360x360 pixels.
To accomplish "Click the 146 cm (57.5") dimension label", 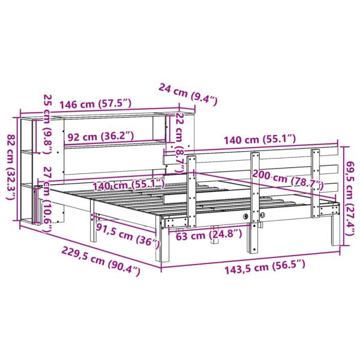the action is pos(95,104).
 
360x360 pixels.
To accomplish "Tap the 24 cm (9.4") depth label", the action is pos(188,94).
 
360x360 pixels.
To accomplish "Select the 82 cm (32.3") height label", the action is pos(11,167).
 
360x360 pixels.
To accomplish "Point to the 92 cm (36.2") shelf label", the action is pos(101,137).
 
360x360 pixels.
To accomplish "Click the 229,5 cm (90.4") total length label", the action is pos(101,260).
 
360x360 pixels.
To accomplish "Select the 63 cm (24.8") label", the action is pos(209,235).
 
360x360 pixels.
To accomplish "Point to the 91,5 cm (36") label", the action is pos(127,236).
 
